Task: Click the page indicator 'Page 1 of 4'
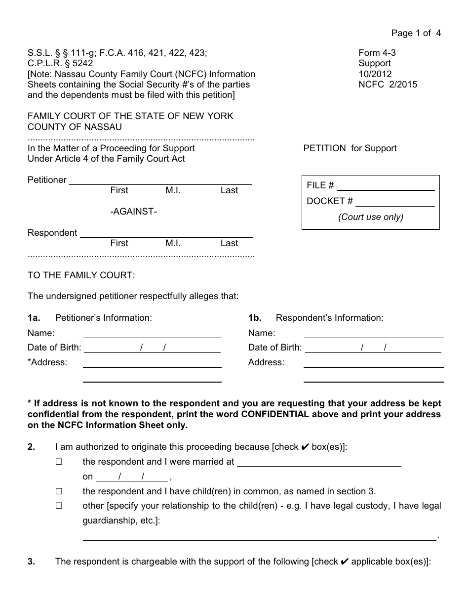(x=416, y=33)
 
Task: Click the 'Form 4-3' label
(x=377, y=53)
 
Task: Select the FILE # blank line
(x=385, y=186)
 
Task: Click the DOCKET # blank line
(x=395, y=202)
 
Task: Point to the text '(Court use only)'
(x=370, y=217)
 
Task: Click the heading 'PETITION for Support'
(x=350, y=148)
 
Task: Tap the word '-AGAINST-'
(x=133, y=212)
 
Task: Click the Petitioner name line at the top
(x=160, y=180)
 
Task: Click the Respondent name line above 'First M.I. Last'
(x=166, y=233)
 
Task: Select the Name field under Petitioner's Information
(x=152, y=334)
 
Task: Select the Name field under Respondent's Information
(x=373, y=334)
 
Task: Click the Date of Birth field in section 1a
(x=152, y=348)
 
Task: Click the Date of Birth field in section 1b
(x=372, y=348)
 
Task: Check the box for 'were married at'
(x=59, y=462)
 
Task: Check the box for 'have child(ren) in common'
(x=59, y=492)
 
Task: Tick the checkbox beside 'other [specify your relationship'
(x=59, y=506)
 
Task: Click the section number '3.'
(x=31, y=562)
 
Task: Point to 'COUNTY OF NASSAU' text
(x=75, y=127)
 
